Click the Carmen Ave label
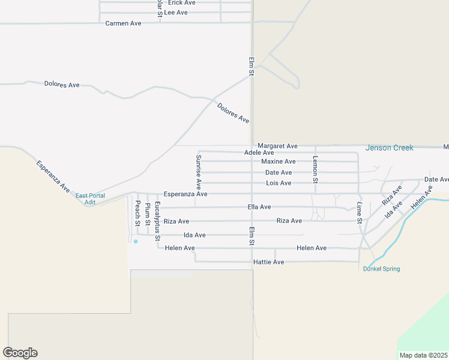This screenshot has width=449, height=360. click(x=123, y=23)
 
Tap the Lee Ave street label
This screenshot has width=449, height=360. click(x=176, y=12)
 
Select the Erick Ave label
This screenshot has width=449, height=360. click(x=178, y=3)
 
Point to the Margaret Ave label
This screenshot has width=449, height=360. click(x=277, y=146)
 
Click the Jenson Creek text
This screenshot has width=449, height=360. click(x=390, y=148)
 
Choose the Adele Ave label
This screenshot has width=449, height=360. click(x=259, y=153)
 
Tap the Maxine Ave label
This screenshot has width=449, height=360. click(x=279, y=161)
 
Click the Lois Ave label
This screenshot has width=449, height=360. click(x=279, y=183)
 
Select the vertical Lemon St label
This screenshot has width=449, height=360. click(x=315, y=169)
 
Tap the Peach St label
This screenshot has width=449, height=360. click(x=137, y=213)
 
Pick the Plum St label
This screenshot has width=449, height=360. click(x=148, y=214)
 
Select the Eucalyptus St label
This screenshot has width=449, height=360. click(x=157, y=221)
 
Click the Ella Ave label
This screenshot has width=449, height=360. click(x=259, y=207)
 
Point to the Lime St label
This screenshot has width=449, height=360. click(x=359, y=212)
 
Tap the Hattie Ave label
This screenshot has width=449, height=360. click(x=269, y=262)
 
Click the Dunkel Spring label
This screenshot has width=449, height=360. click(x=381, y=269)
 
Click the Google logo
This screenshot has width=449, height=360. click(x=20, y=353)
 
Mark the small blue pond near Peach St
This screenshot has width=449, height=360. click(x=136, y=241)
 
